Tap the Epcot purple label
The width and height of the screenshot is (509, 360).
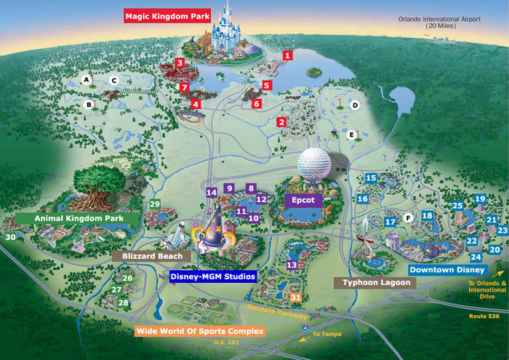pyautogui.click(x=302, y=197)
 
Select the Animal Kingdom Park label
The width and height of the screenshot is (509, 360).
pyautogui.click(x=71, y=217)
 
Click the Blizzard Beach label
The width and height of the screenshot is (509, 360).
pyautogui.click(x=151, y=256)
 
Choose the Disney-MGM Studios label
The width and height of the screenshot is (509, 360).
pyautogui.click(x=212, y=276)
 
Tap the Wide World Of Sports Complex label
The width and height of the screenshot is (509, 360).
pyautogui.click(x=199, y=332)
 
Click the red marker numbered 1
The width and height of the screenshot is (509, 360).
pyautogui.click(x=288, y=55)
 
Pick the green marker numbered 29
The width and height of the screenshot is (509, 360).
pyautogui.click(x=154, y=204)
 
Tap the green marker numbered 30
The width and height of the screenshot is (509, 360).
pyautogui.click(x=10, y=237)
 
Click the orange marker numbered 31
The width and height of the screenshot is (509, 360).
pyautogui.click(x=295, y=297)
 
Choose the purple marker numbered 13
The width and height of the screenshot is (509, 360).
pyautogui.click(x=292, y=265)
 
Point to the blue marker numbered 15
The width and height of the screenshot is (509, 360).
pyautogui.click(x=371, y=178)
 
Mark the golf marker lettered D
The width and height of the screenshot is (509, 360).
pyautogui.click(x=356, y=105)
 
